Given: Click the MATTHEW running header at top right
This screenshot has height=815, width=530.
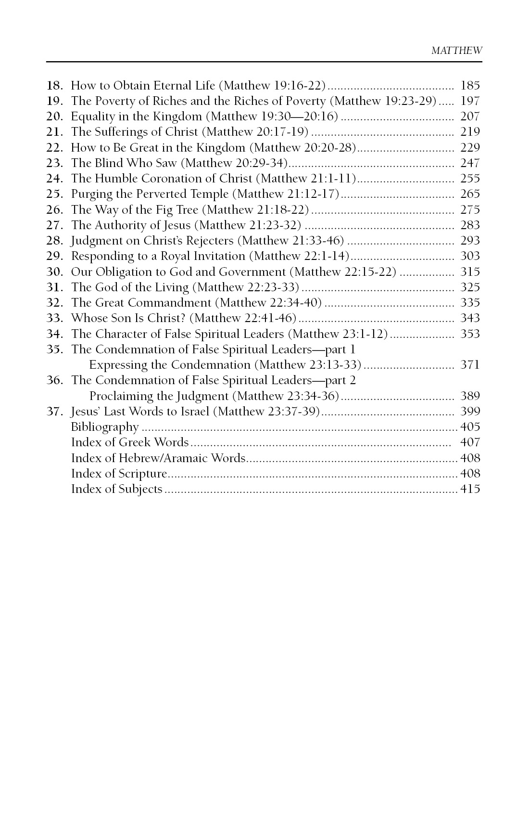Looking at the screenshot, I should pyautogui.click(x=456, y=51).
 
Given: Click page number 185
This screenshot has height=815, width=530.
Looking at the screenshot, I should pyautogui.click(x=470, y=86).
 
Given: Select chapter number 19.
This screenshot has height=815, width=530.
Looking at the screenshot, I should pyautogui.click(x=54, y=101).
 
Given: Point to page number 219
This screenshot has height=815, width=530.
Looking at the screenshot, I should pyautogui.click(x=470, y=132).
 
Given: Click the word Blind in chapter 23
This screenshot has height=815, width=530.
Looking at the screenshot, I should pyautogui.click(x=108, y=163).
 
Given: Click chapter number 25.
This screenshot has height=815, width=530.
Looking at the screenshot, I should pyautogui.click(x=54, y=194).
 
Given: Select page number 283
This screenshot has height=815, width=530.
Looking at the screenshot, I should pyautogui.click(x=470, y=225).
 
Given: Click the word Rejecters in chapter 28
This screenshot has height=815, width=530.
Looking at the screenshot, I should pyautogui.click(x=208, y=241).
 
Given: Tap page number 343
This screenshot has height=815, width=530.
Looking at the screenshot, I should pyautogui.click(x=470, y=318).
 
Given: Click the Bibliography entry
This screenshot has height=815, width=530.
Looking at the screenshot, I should pyautogui.click(x=105, y=427).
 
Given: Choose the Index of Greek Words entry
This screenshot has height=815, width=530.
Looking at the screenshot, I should pyautogui.click(x=130, y=442).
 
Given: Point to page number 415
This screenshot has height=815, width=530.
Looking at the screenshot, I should pyautogui.click(x=470, y=489).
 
